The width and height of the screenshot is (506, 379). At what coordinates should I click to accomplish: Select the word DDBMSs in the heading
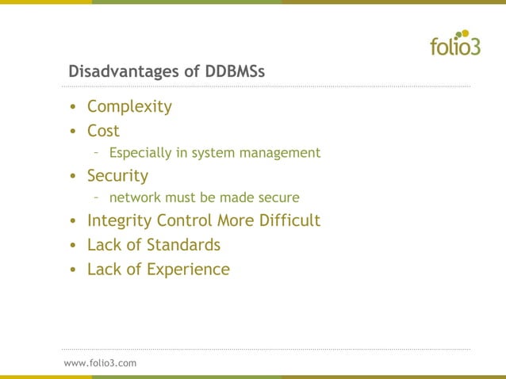[235, 72]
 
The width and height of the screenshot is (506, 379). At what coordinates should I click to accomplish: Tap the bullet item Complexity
[129, 107]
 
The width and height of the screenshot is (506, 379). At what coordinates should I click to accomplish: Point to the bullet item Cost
[103, 131]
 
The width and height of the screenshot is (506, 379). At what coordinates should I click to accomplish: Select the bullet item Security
[117, 175]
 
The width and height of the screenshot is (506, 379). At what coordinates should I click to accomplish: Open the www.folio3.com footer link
[100, 362]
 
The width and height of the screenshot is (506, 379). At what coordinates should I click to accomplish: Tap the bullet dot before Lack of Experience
[73, 270]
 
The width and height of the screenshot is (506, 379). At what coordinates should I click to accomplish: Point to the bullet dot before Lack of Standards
[73, 246]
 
